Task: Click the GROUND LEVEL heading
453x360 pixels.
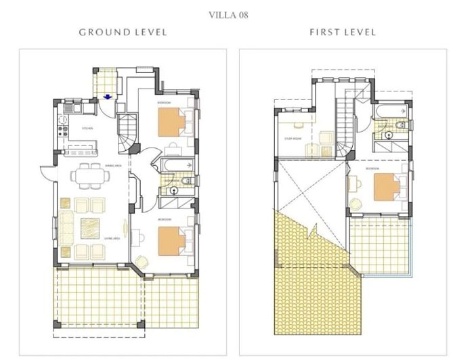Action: (x=123, y=32)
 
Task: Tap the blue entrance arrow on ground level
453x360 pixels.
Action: (x=107, y=96)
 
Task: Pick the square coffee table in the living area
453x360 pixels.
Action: (x=89, y=226)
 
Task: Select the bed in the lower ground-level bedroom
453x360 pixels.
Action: (x=171, y=241)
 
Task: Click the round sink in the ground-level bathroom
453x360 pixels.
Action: (x=174, y=192)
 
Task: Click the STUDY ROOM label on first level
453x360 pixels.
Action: (x=292, y=140)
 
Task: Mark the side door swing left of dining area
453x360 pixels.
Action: (x=47, y=175)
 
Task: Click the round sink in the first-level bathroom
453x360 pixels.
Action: (x=389, y=134)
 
